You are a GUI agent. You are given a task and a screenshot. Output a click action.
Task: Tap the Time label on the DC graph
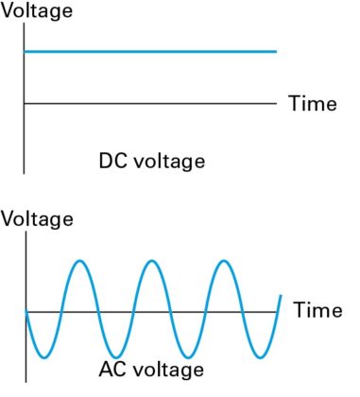click(311, 104)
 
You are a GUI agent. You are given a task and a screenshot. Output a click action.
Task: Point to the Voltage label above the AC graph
click(38, 220)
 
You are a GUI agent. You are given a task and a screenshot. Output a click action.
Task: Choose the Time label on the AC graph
click(317, 309)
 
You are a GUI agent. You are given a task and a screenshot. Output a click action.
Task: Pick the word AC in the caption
click(111, 369)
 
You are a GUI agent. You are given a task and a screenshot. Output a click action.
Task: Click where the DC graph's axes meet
click(24, 102)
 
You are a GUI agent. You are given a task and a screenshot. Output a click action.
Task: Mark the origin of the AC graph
click(26, 310)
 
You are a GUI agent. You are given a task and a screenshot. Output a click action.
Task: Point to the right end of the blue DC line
click(277, 51)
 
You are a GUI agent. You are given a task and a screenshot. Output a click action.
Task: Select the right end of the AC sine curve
click(281, 295)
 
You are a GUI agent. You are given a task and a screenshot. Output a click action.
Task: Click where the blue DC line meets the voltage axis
click(24, 51)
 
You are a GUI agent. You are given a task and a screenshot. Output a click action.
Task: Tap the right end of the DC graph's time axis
click(277, 102)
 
